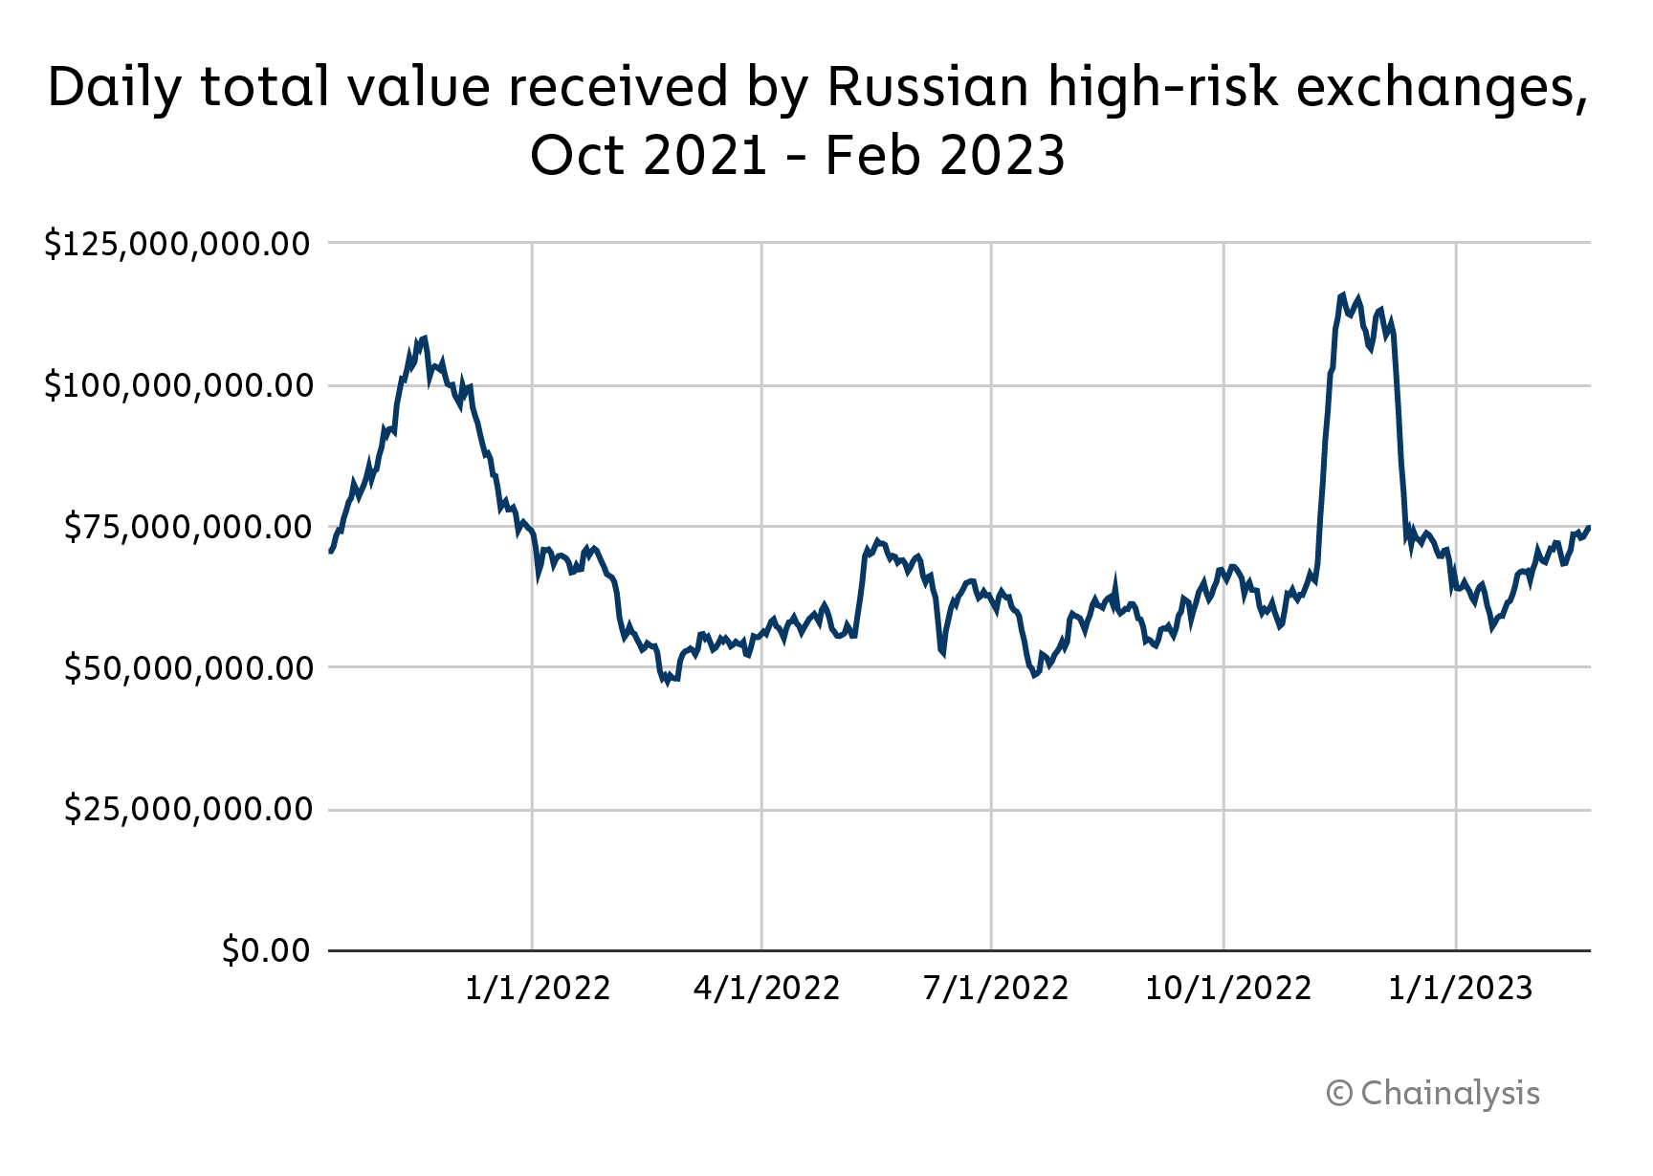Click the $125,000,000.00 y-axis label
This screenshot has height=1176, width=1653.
(x=178, y=244)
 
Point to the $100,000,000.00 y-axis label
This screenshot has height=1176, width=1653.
(x=178, y=386)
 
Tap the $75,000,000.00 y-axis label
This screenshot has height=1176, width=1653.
(x=187, y=527)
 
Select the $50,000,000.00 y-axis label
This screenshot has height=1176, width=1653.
(x=187, y=668)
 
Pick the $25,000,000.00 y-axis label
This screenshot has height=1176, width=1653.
(x=187, y=810)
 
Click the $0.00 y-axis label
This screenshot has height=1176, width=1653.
(x=266, y=950)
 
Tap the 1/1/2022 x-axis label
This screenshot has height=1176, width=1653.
(x=538, y=989)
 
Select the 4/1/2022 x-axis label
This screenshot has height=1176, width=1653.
(x=766, y=989)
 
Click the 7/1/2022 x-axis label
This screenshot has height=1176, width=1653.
(x=996, y=989)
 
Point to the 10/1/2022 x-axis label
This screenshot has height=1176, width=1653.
(x=1228, y=989)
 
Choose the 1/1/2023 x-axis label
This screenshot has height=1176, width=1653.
(x=1461, y=989)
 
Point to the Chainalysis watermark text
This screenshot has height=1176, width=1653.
(x=1450, y=1093)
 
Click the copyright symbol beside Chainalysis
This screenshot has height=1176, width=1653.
(x=1339, y=1094)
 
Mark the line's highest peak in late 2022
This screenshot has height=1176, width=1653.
(x=1343, y=294)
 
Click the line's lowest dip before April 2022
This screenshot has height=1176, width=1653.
(x=668, y=683)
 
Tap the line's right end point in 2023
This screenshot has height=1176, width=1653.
(x=1589, y=527)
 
